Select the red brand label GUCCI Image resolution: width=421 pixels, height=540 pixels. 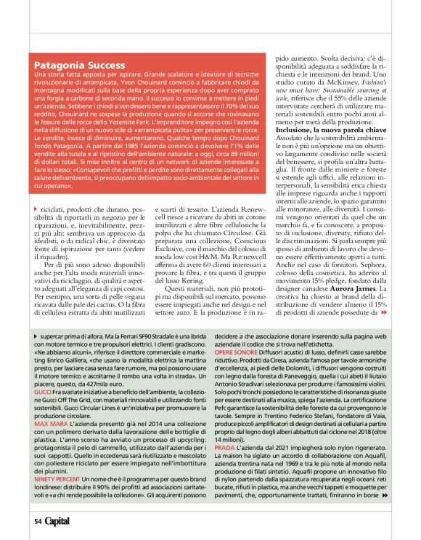[x=43, y=389]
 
